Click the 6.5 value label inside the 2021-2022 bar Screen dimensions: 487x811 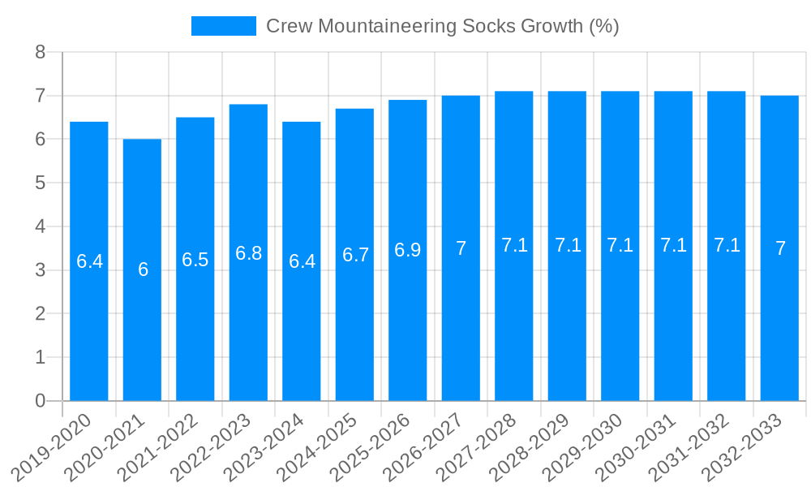(x=195, y=260)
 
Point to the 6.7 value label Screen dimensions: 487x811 (x=355, y=255)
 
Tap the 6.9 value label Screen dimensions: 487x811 (x=408, y=250)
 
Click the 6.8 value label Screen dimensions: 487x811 (x=248, y=253)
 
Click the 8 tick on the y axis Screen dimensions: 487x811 (x=41, y=53)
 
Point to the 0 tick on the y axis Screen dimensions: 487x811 (x=41, y=401)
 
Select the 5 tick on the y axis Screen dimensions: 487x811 (x=41, y=183)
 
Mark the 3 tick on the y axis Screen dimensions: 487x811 (x=41, y=270)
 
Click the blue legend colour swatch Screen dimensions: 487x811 (x=223, y=26)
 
